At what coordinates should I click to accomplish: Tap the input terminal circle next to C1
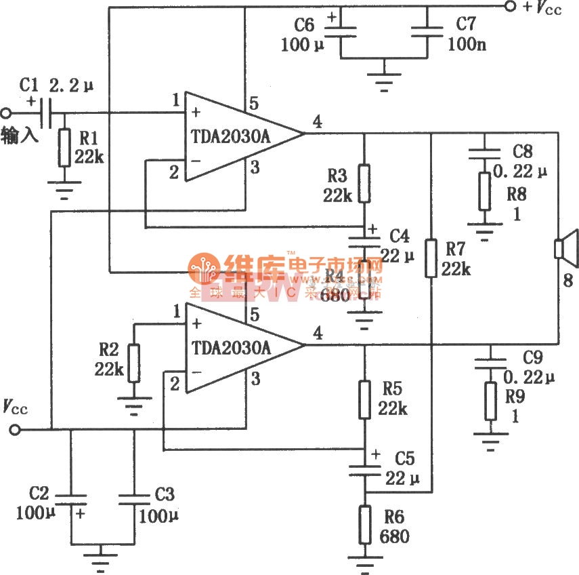(x=7, y=113)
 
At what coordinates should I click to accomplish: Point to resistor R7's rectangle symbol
(x=431, y=258)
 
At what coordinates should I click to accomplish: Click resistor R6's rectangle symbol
(x=365, y=524)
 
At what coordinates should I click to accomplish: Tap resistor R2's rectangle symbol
(x=134, y=363)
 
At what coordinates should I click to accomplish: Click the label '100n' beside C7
(x=467, y=45)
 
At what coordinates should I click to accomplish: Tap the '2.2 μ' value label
(x=71, y=86)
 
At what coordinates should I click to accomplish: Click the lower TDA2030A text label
(x=231, y=349)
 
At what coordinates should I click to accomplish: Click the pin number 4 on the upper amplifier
(x=318, y=122)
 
